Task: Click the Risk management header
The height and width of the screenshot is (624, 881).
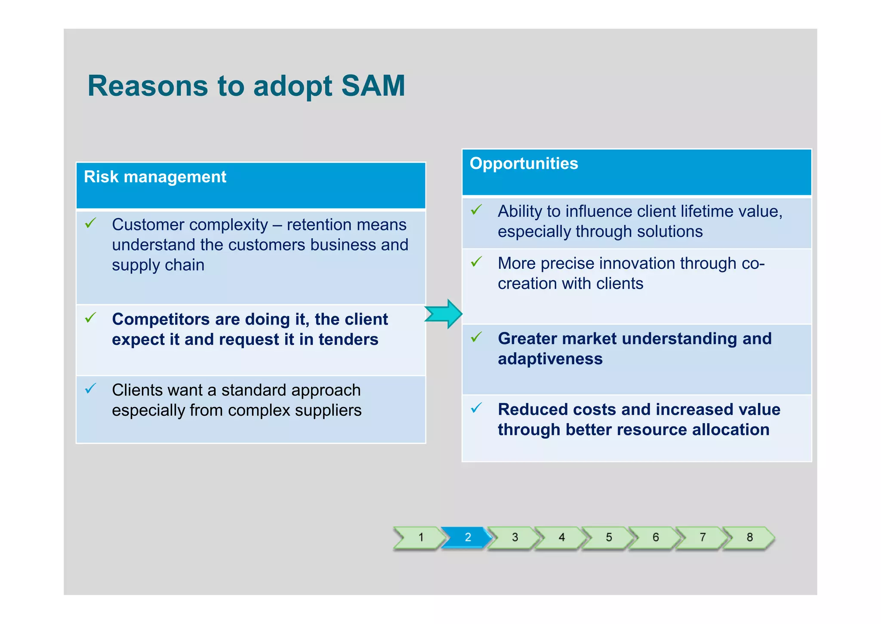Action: [155, 177]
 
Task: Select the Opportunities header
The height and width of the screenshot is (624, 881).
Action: [524, 164]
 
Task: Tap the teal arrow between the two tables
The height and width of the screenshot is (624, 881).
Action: [444, 314]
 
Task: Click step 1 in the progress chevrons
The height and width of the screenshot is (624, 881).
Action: [421, 537]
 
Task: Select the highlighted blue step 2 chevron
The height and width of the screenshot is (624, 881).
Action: [468, 537]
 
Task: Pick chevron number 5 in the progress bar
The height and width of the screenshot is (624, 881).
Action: [608, 537]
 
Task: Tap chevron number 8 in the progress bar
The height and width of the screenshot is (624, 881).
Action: [749, 537]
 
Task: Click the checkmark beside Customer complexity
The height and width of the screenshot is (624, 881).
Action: [90, 223]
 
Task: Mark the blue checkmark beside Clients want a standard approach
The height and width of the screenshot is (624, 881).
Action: [90, 389]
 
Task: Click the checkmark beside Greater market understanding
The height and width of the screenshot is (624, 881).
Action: [476, 337]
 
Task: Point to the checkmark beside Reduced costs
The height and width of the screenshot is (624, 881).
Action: [476, 408]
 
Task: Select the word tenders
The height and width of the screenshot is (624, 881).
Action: [348, 340]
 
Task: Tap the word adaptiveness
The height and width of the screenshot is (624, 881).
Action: [550, 359]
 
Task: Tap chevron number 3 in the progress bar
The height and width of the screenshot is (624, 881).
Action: [514, 537]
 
